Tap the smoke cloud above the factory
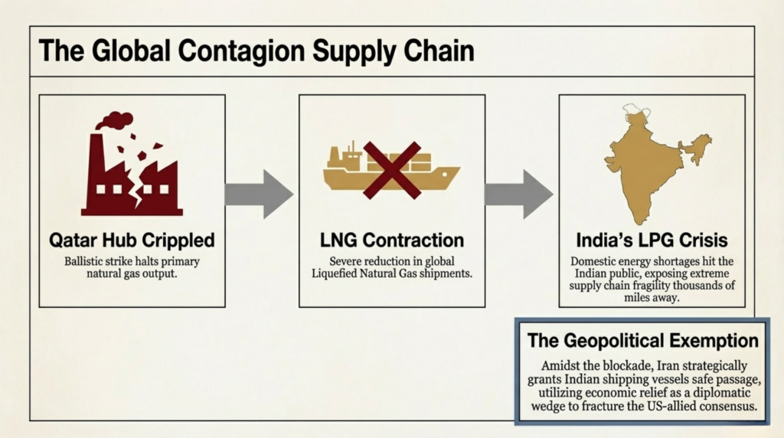[115, 120]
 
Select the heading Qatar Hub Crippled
[132, 240]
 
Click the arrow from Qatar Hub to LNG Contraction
[259, 194]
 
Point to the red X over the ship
[392, 170]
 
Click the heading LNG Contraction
[392, 240]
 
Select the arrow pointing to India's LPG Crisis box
[519, 194]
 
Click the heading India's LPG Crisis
[652, 240]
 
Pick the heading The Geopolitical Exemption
[643, 341]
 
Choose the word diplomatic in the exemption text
[722, 393]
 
